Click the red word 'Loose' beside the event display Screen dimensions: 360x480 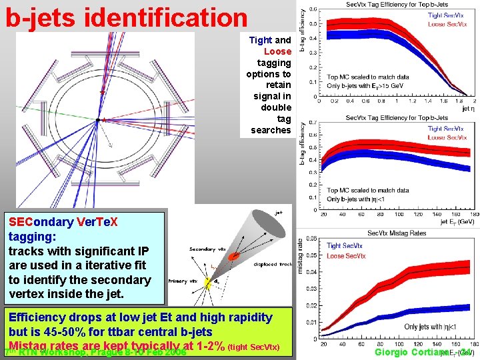(x=277, y=51)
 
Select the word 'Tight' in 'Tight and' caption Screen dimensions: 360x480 (x=260, y=40)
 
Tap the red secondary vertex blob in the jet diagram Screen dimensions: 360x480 (x=234, y=256)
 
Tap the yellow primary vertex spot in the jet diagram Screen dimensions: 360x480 (x=207, y=283)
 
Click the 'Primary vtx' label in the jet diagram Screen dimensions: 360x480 (x=184, y=282)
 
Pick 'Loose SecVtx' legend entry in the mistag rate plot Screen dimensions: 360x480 (x=345, y=255)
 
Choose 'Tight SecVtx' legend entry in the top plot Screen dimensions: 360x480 (x=445, y=15)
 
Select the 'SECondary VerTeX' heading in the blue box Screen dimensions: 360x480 (x=63, y=222)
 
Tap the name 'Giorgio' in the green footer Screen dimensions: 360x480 (x=396, y=351)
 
